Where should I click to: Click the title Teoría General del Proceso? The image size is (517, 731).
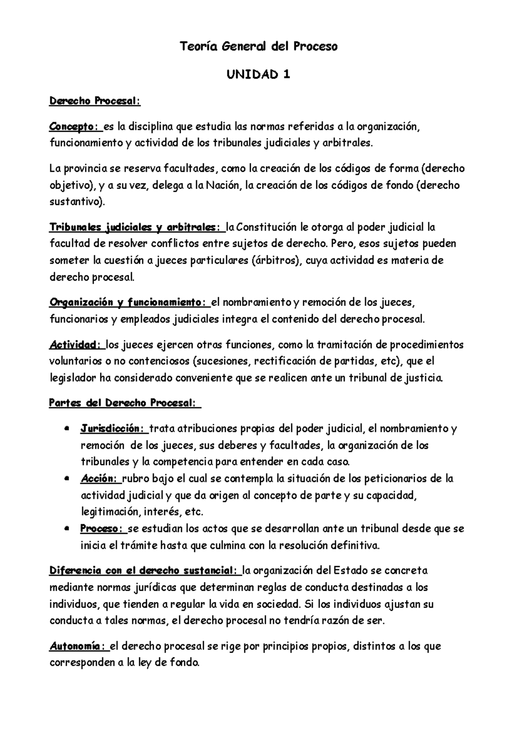[258, 46]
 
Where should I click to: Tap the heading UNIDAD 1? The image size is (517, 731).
[258, 75]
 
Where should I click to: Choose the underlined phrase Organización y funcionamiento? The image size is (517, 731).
[128, 303]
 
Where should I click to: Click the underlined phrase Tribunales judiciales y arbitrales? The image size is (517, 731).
[136, 227]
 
